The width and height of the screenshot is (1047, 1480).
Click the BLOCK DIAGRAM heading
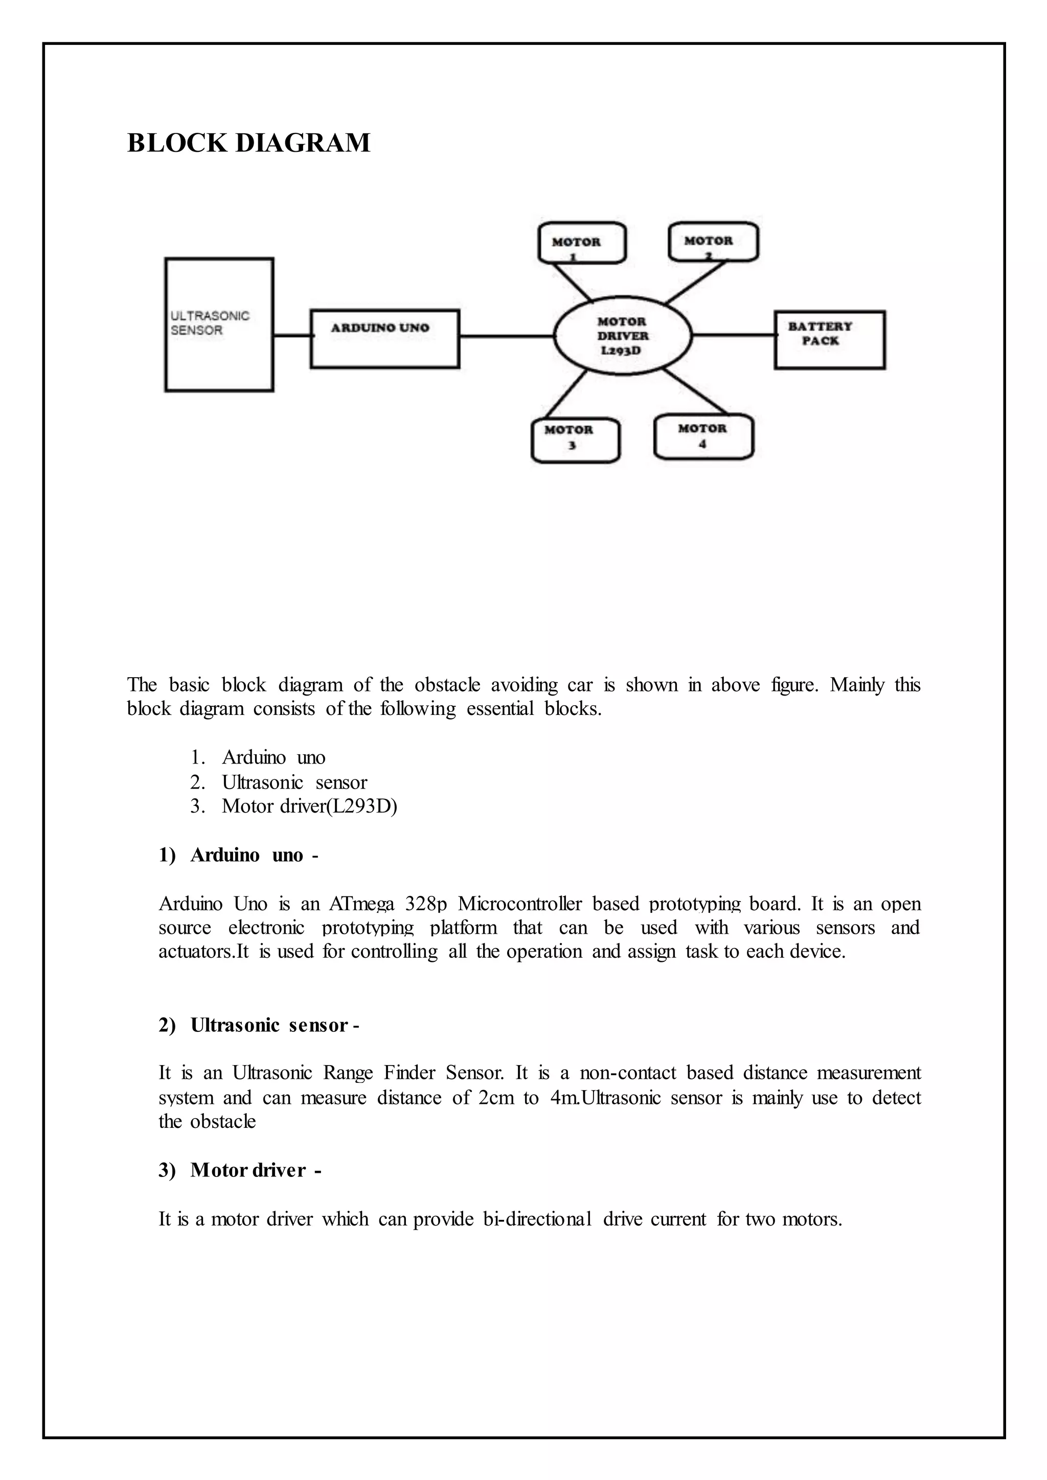point(248,143)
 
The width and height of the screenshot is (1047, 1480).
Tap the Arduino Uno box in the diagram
point(385,338)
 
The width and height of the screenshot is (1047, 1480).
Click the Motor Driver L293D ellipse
point(622,336)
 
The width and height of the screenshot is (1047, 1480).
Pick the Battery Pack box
point(829,340)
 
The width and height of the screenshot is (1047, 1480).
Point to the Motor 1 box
point(581,243)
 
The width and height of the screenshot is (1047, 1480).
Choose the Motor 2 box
point(713,241)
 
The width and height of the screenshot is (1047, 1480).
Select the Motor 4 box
point(703,437)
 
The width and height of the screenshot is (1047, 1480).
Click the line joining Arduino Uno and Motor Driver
point(507,336)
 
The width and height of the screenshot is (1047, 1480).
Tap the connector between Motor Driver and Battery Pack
point(733,335)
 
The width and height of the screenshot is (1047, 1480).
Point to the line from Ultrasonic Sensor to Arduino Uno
point(291,335)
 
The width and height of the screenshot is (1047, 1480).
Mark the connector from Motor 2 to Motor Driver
point(696,282)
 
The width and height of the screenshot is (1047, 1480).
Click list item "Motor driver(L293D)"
point(309,806)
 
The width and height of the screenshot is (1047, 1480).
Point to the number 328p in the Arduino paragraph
point(425,904)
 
